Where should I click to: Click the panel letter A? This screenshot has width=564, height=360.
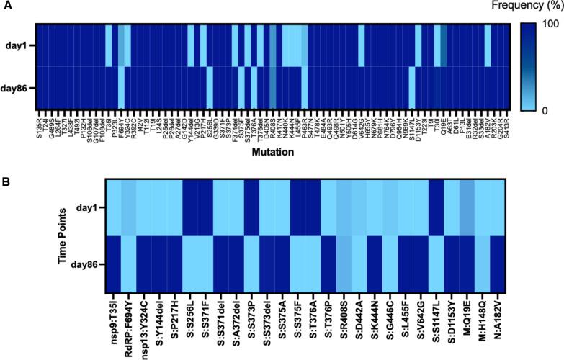pos(6,7)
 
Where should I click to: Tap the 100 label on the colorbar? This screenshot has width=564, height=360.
pos(552,34)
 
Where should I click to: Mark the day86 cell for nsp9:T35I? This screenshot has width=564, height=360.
pos(113,264)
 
